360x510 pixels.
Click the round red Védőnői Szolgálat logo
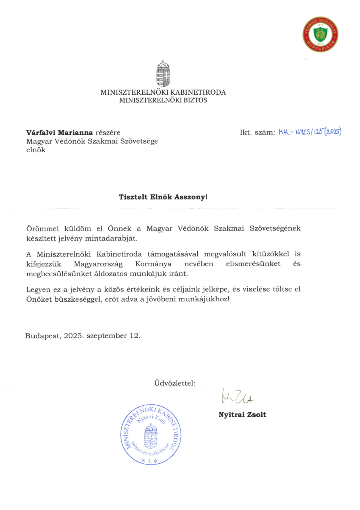tap(320, 34)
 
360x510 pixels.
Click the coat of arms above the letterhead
tap(163, 74)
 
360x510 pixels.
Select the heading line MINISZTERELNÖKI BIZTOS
tap(163, 100)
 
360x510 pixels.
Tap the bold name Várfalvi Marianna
tap(59, 133)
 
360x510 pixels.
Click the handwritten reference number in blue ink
tap(310, 132)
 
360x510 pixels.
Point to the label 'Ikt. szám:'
tap(257, 132)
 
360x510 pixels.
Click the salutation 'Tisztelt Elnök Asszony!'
tap(163, 197)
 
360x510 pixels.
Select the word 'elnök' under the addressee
tap(36, 150)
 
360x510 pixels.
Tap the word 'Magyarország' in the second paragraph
tap(98, 264)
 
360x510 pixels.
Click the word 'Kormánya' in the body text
tap(153, 264)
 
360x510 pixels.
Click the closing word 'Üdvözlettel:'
tap(175, 383)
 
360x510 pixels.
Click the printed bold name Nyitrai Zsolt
tap(242, 415)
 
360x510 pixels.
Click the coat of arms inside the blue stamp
tap(150, 436)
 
